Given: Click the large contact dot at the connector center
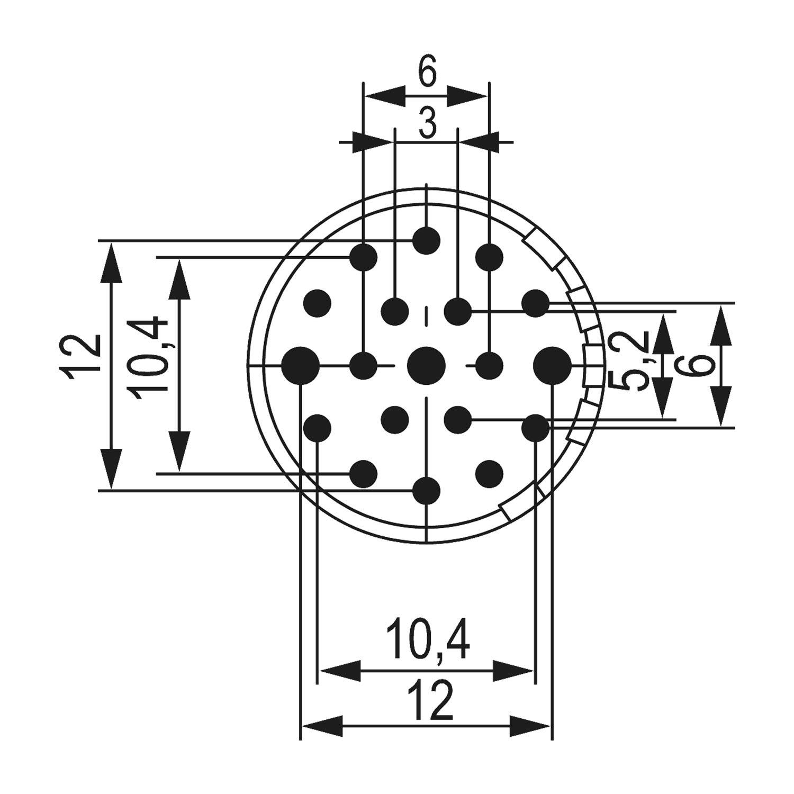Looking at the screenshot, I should (427, 365).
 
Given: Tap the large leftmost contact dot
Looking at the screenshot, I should (300, 365).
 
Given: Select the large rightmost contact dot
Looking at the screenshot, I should (553, 365).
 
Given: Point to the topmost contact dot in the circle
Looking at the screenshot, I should (427, 240).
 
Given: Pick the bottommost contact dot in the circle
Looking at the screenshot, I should (427, 491).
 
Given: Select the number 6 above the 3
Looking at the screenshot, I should (427, 73).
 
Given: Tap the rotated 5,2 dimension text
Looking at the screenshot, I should (634, 360).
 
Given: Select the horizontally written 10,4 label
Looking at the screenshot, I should (428, 641).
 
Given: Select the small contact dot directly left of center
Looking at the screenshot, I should (364, 365).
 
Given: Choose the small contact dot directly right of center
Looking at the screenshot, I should (490, 365).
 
